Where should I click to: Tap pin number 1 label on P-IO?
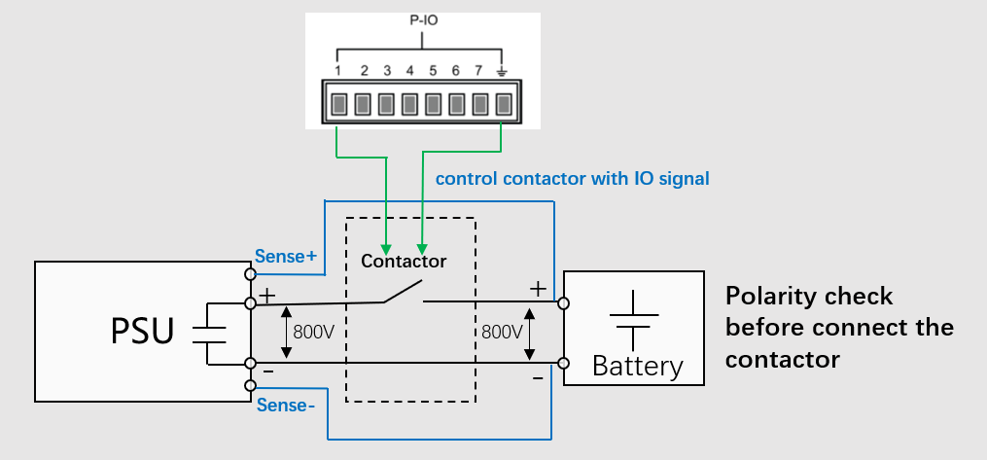click(337, 71)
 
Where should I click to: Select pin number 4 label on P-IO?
click(409, 71)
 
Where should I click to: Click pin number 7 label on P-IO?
click(478, 71)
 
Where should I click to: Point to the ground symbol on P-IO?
click(503, 71)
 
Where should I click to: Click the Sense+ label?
click(286, 257)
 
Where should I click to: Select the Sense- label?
click(286, 405)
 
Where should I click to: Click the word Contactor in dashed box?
click(404, 261)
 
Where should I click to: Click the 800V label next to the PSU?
click(314, 332)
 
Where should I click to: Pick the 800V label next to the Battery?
click(502, 332)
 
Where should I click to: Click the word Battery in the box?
click(637, 366)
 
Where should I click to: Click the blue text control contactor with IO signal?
click(572, 179)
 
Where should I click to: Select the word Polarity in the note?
click(768, 296)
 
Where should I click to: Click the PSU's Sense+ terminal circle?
click(251, 276)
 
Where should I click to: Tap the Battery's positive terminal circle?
click(564, 303)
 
